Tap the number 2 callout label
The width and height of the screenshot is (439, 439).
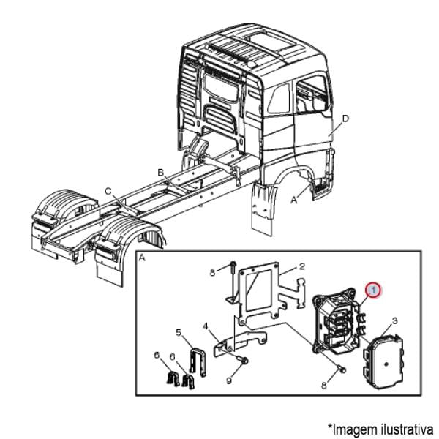[x=301, y=267]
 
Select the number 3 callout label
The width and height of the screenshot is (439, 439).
[x=394, y=320]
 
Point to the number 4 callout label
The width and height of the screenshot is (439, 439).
[x=206, y=326]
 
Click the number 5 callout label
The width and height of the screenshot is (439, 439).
[x=179, y=333]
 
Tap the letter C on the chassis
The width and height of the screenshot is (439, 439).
[x=108, y=191]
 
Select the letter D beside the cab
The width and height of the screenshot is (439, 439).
[x=345, y=118]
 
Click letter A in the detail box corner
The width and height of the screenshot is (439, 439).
[x=142, y=258]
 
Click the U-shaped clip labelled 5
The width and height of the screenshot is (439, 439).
[x=195, y=362]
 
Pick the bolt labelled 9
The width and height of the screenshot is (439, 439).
[x=242, y=360]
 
